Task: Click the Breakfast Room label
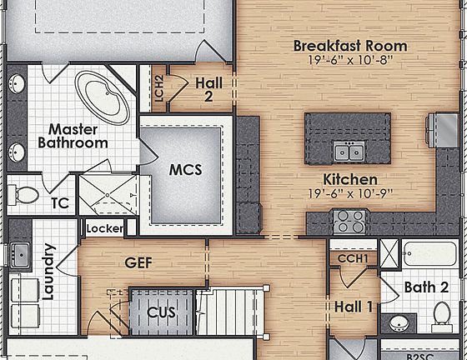point(350,46)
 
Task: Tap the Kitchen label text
point(350,179)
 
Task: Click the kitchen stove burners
point(349,221)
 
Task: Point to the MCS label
point(186,170)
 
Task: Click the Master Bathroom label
point(73,136)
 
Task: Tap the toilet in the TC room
point(25,195)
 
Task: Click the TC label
point(59,202)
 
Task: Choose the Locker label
point(104,227)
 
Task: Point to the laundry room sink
point(18,253)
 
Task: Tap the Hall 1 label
point(354,307)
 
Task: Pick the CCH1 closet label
point(353,259)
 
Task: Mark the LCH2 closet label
point(159,88)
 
